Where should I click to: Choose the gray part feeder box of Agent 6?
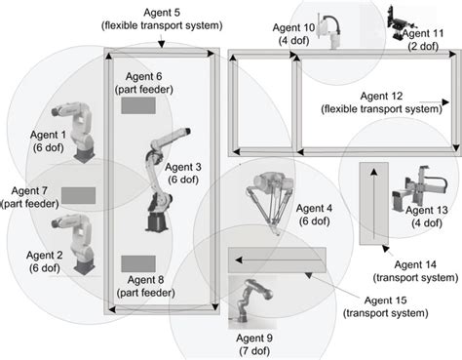click(138, 106)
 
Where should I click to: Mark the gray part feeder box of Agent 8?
click(138, 262)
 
